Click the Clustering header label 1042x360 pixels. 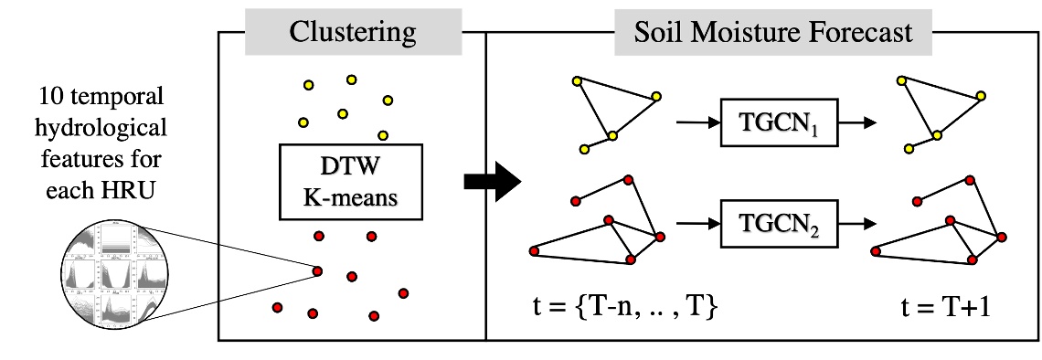pos(352,34)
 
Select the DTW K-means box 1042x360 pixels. pos(354,181)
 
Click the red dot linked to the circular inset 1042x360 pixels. pos(317,270)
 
